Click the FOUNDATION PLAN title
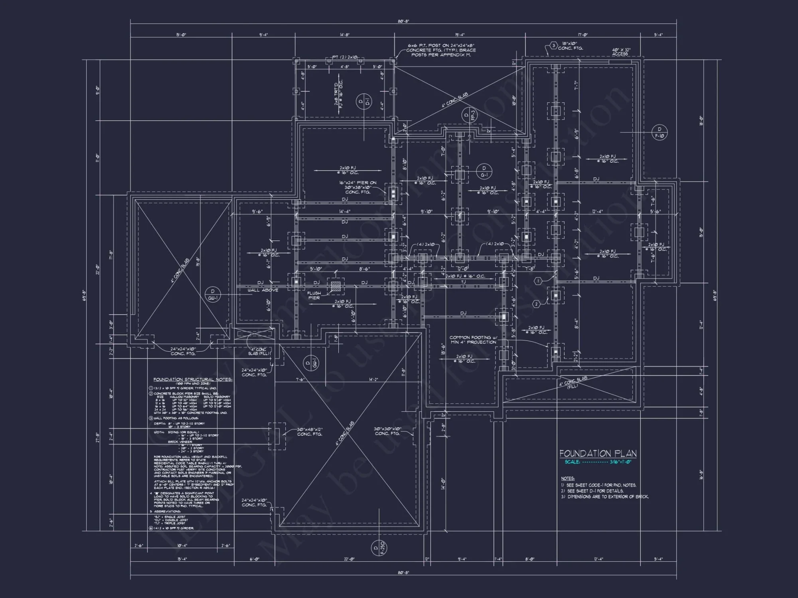tap(597, 453)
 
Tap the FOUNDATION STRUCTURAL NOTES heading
tap(192, 380)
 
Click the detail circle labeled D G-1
tap(484, 171)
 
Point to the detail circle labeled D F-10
tap(659, 132)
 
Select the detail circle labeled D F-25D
tap(378, 548)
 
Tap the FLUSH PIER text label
tap(314, 295)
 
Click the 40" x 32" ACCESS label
tap(621, 52)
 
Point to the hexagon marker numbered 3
tap(553, 45)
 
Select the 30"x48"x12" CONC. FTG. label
tap(309, 432)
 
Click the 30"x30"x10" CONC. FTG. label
tap(387, 431)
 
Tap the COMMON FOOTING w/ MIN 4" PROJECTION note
tap(472, 340)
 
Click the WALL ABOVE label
tap(263, 290)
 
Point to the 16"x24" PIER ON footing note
tap(358, 187)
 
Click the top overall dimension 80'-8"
tap(403, 22)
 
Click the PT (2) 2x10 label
tap(345, 57)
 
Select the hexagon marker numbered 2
tap(536, 304)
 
